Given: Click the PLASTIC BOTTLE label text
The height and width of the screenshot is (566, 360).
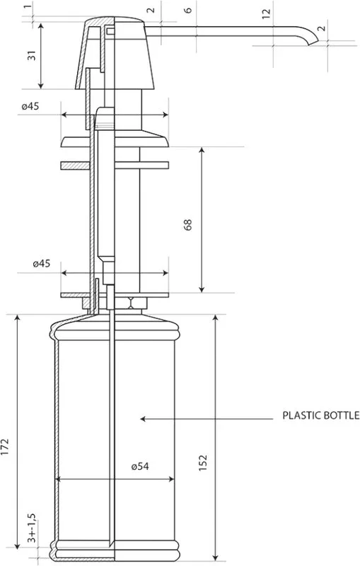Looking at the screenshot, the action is point(320,415).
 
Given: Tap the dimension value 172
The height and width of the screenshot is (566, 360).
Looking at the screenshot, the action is point(5,447).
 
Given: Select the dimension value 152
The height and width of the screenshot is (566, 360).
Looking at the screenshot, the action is point(203,463).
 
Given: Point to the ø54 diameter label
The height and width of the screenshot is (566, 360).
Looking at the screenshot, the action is point(140,466).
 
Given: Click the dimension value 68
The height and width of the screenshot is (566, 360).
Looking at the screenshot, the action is point(188,224).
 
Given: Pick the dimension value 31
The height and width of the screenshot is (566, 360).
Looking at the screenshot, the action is point(32,55).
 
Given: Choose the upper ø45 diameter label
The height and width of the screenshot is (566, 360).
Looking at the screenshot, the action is point(30,107).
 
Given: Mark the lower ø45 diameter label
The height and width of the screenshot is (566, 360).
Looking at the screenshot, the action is point(42,263).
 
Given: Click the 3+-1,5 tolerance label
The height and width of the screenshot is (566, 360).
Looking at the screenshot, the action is point(32,528).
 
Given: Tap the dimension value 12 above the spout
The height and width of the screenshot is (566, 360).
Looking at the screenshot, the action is point(266,13).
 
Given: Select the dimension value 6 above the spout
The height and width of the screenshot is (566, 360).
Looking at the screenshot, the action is point(188,10).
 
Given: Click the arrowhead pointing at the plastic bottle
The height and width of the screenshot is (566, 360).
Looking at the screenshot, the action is point(142,419).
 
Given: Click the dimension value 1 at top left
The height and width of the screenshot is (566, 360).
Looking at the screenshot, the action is point(27,7).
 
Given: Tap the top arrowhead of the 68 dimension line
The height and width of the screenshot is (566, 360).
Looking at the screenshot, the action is point(202,150).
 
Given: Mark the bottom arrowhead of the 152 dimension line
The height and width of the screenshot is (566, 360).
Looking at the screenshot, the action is point(215,558).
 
